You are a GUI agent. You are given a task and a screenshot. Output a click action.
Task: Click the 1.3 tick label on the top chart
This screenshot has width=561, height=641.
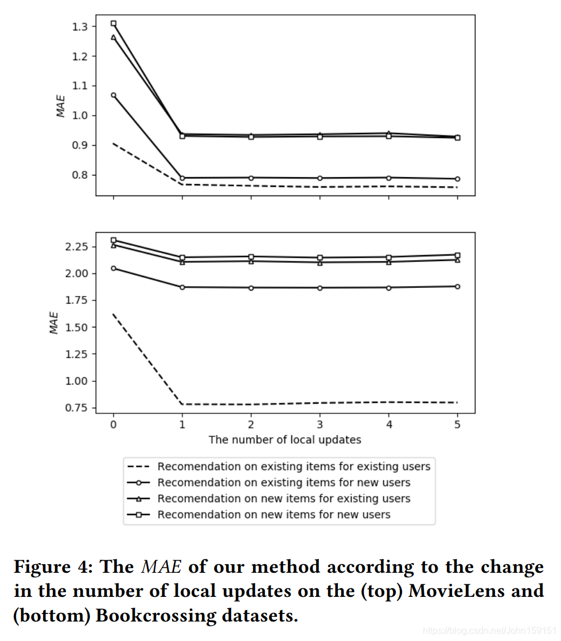tap(80, 26)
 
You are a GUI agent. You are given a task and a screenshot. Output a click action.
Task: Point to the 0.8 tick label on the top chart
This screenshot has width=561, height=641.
tap(80, 175)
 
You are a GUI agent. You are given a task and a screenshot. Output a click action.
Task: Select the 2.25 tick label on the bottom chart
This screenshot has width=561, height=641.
tap(77, 247)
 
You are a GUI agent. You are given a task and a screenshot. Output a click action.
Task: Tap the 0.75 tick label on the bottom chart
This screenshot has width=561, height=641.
tap(77, 408)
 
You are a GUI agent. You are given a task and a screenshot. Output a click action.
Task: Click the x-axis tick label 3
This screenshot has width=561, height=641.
tap(320, 425)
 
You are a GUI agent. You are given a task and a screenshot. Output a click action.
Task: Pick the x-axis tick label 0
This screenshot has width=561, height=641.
tap(113, 425)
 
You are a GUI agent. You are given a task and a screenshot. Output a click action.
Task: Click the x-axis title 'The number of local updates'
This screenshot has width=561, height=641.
tap(285, 440)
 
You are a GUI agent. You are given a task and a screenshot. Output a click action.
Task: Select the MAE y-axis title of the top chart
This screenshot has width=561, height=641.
tap(61, 106)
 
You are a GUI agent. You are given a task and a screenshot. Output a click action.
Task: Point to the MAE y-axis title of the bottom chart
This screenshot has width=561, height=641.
tap(53, 323)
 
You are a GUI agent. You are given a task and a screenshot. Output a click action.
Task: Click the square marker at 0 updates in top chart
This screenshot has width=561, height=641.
tap(114, 24)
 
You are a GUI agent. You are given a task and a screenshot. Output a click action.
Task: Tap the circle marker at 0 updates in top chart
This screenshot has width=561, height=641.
tap(114, 95)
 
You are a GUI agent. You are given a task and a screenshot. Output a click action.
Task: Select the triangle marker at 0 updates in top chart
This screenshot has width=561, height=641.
tap(114, 37)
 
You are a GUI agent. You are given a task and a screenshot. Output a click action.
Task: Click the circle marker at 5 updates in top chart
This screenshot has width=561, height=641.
tap(457, 179)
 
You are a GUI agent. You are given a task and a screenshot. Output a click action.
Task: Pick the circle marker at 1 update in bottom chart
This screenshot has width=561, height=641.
tap(182, 287)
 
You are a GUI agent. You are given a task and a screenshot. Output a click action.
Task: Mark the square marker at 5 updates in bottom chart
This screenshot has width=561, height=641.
tap(457, 255)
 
